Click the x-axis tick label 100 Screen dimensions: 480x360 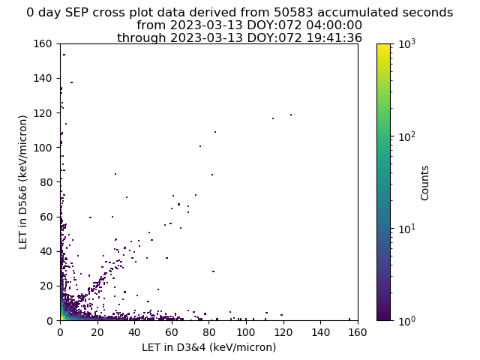[246, 332]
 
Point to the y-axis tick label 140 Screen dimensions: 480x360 [43, 78]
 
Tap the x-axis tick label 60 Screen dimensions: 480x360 [172, 332]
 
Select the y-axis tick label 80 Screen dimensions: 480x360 [46, 182]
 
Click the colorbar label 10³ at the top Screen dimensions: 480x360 [407, 44]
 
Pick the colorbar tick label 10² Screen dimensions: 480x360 [407, 136]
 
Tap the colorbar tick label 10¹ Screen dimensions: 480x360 [407, 229]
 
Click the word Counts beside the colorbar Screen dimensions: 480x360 [424, 183]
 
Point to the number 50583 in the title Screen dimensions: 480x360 [293, 13]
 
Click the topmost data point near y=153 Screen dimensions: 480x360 [64, 55]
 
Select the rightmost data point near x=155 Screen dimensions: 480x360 [349, 319]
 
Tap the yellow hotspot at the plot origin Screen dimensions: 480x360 [61, 318]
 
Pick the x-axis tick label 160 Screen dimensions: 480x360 [357, 332]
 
